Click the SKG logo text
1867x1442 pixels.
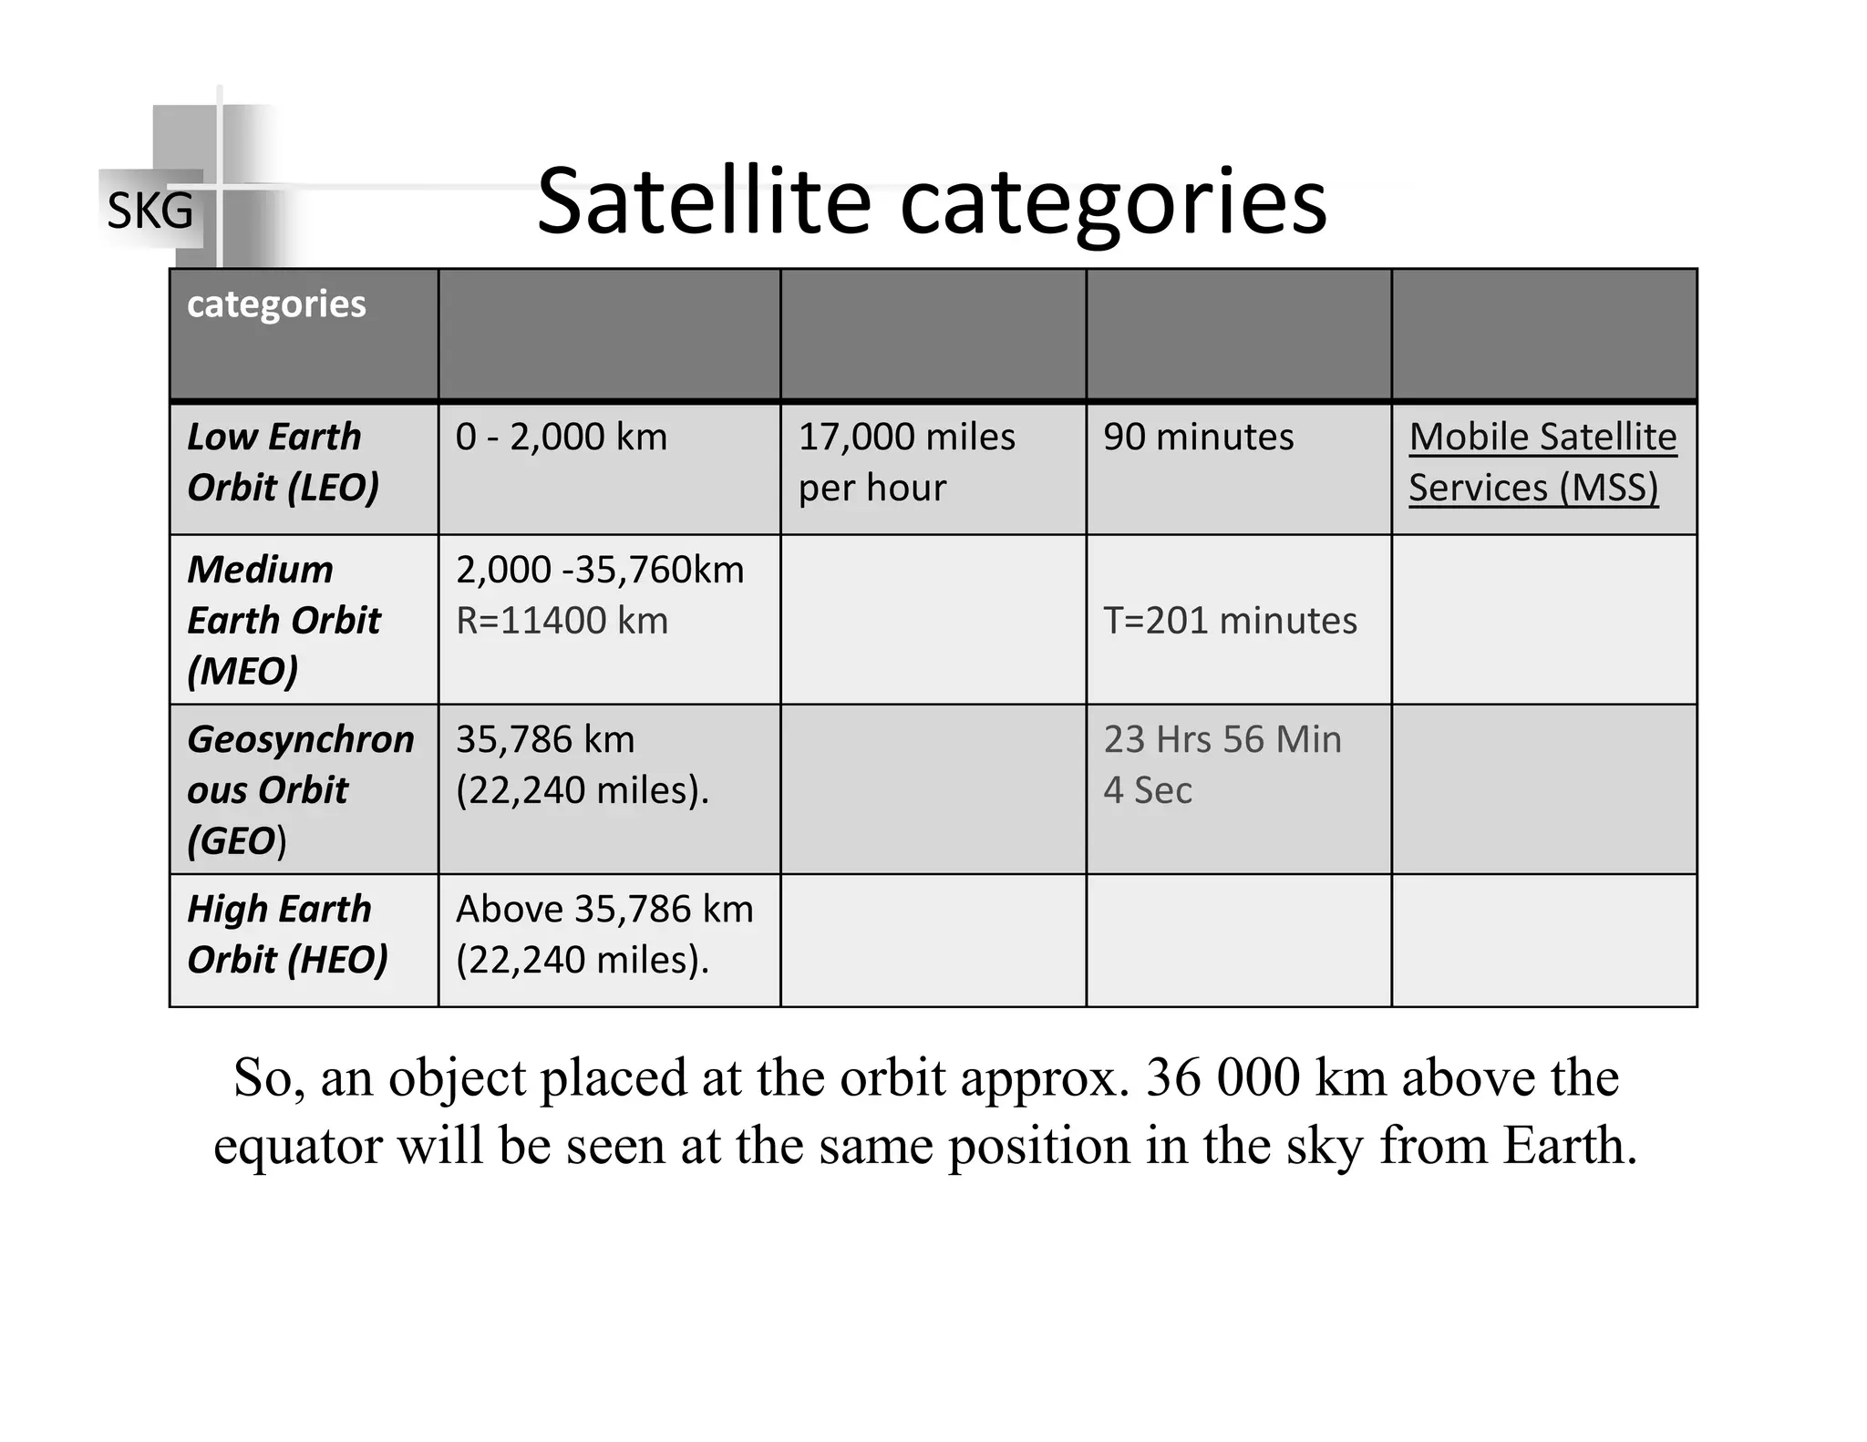150,211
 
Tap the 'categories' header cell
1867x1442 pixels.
276,304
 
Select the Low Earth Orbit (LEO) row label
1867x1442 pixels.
283,462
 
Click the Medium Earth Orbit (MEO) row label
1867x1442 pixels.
283,620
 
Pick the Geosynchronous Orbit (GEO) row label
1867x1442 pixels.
299,789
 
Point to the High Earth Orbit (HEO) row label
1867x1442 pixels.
287,934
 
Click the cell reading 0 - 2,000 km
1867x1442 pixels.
562,438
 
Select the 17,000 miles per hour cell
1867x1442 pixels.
906,462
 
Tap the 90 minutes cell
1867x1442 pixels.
1198,438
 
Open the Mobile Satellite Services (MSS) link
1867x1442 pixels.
1542,462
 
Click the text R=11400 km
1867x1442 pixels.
562,622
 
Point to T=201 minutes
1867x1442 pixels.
1230,622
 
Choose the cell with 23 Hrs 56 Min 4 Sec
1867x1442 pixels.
1222,765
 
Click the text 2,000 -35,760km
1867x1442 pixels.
600,571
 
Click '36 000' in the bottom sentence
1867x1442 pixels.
1223,1078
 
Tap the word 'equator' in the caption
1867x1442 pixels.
297,1146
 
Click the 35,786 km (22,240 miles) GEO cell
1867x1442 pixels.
582,765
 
